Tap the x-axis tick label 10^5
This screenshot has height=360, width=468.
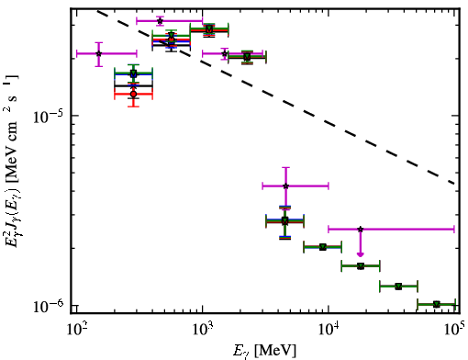tap(456, 331)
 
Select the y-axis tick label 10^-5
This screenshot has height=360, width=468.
tap(48, 116)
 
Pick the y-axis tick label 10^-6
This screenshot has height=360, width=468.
tap(48, 306)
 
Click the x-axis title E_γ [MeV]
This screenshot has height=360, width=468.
tap(264, 351)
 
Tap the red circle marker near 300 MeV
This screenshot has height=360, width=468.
tap(133, 94)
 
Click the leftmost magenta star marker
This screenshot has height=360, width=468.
tap(98, 53)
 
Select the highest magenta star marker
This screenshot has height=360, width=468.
tap(160, 21)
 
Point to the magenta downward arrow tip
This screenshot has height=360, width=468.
tap(361, 256)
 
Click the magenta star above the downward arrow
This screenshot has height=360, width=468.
tap(361, 229)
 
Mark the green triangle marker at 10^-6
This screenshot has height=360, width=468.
tap(436, 304)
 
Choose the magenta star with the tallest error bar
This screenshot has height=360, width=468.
tap(285, 186)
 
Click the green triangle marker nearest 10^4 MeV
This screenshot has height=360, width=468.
tap(322, 247)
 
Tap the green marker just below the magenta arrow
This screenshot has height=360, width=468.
tap(361, 265)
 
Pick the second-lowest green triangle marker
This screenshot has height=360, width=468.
tap(398, 287)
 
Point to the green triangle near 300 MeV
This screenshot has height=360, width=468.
tap(133, 73)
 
